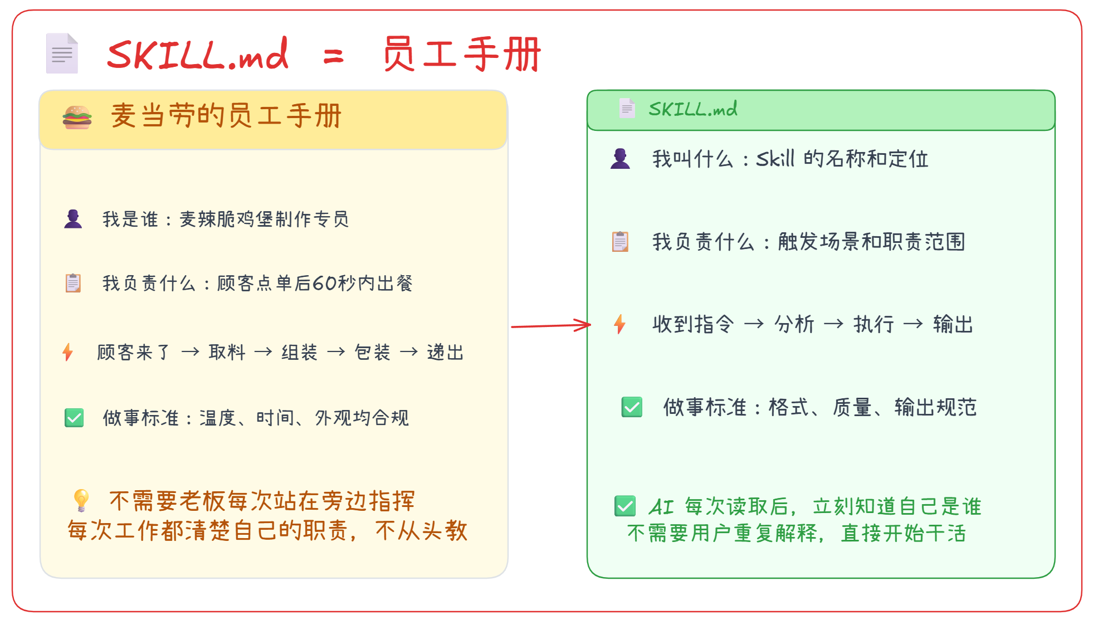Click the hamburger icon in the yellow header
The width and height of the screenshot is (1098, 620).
pyautogui.click(x=77, y=117)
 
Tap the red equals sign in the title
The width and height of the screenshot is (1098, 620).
pyautogui.click(x=333, y=56)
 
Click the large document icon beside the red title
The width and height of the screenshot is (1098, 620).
pyautogui.click(x=62, y=53)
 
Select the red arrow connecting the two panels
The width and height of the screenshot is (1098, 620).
pyautogui.click(x=551, y=325)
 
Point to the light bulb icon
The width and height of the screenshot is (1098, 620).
pyautogui.click(x=81, y=500)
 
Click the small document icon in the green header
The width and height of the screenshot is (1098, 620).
pyautogui.click(x=627, y=108)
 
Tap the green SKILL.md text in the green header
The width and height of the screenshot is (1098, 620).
pyautogui.click(x=693, y=109)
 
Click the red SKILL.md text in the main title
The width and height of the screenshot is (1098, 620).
pyautogui.click(x=198, y=55)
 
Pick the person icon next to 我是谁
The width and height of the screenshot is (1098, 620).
pyautogui.click(x=73, y=219)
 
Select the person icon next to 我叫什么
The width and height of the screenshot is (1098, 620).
pyautogui.click(x=620, y=159)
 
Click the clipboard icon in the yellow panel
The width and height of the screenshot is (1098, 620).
pyautogui.click(x=73, y=283)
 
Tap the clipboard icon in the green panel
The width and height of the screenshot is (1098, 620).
pyautogui.click(x=620, y=241)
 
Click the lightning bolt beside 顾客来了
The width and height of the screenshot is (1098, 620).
pyautogui.click(x=67, y=352)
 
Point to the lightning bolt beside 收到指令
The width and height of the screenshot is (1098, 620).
pyautogui.click(x=619, y=324)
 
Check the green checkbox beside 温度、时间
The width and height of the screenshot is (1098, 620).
pyautogui.click(x=74, y=418)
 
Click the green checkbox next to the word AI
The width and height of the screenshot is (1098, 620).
pyautogui.click(x=625, y=506)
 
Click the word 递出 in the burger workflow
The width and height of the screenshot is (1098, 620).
pyautogui.click(x=445, y=353)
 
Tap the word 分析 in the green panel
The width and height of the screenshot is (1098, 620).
pyautogui.click(x=794, y=324)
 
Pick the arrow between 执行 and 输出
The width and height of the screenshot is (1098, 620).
pyautogui.click(x=913, y=324)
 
